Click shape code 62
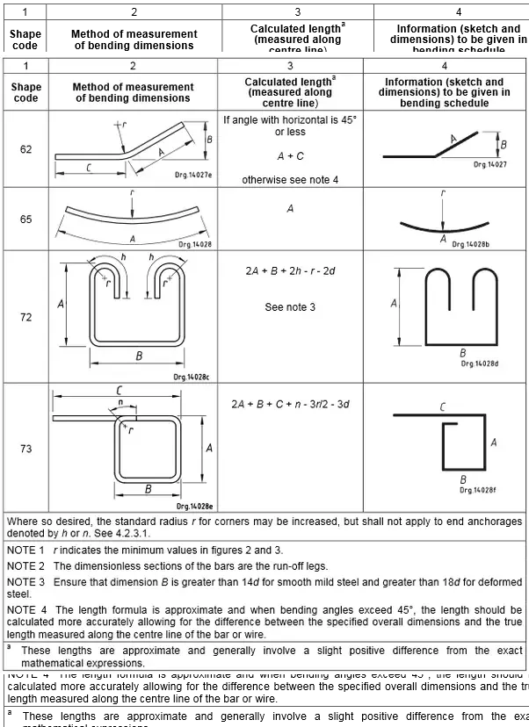pyautogui.click(x=26, y=149)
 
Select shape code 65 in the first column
pyautogui.click(x=26, y=220)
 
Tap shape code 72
pyautogui.click(x=26, y=317)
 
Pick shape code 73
pyautogui.click(x=26, y=449)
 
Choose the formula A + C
pyautogui.click(x=290, y=156)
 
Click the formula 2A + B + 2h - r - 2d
pyautogui.click(x=290, y=271)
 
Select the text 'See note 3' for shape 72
pyautogui.click(x=290, y=307)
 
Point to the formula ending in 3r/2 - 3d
pyautogui.click(x=290, y=404)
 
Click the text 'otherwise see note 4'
pyautogui.click(x=290, y=180)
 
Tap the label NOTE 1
pyautogui.click(x=25, y=550)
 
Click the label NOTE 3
pyautogui.click(x=25, y=581)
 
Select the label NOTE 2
pyautogui.click(x=25, y=565)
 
